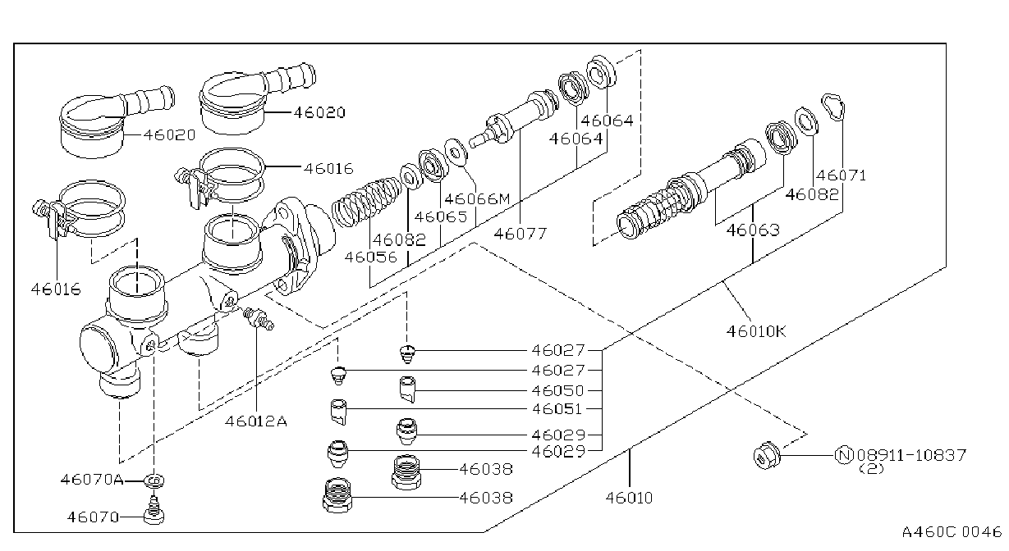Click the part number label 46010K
tap(756, 331)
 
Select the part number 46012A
tap(256, 421)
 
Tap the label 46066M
tap(477, 198)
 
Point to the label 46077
tap(521, 234)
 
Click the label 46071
tap(842, 175)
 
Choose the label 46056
tap(371, 257)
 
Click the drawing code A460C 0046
tap(952, 532)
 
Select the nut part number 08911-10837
tap(911, 455)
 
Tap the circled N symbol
tap(844, 455)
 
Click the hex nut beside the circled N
tap(767, 456)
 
